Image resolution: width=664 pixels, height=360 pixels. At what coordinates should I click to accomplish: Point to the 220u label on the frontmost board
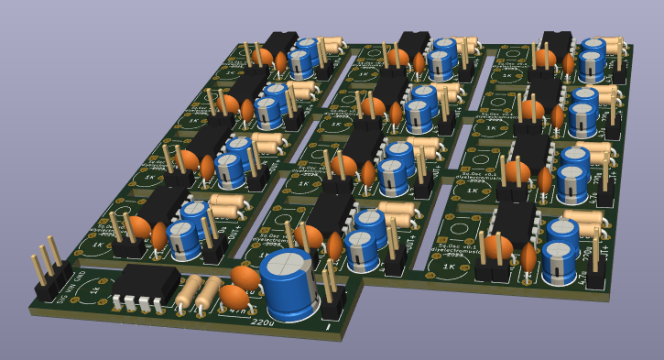(261, 321)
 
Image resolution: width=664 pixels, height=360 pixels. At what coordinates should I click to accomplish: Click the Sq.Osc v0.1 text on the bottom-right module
(458, 246)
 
